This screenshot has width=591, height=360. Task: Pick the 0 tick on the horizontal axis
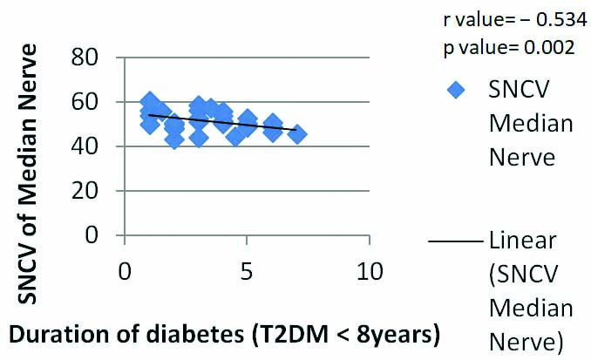125,271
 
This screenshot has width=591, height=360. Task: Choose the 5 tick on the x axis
248,271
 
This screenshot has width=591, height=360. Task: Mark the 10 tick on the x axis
370,271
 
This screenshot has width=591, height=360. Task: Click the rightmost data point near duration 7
297,134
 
